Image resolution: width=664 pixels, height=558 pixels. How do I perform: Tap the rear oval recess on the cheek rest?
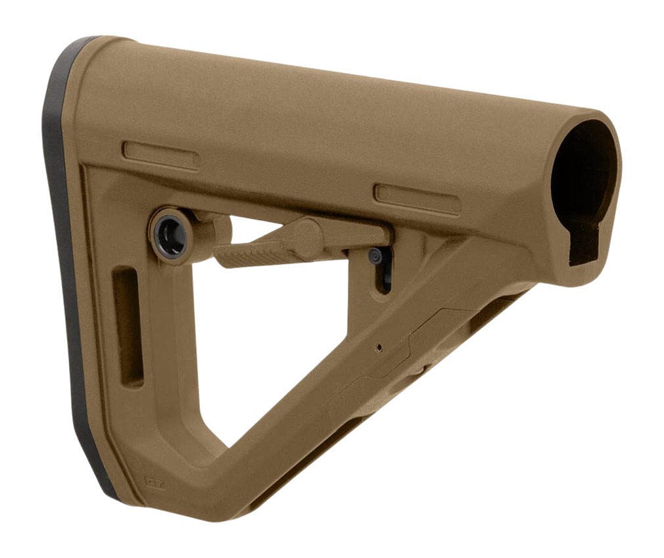pyautogui.click(x=161, y=155)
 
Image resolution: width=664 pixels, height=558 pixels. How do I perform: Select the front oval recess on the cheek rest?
pyautogui.click(x=417, y=198)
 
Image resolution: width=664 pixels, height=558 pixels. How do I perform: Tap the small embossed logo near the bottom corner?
pyautogui.click(x=154, y=480)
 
